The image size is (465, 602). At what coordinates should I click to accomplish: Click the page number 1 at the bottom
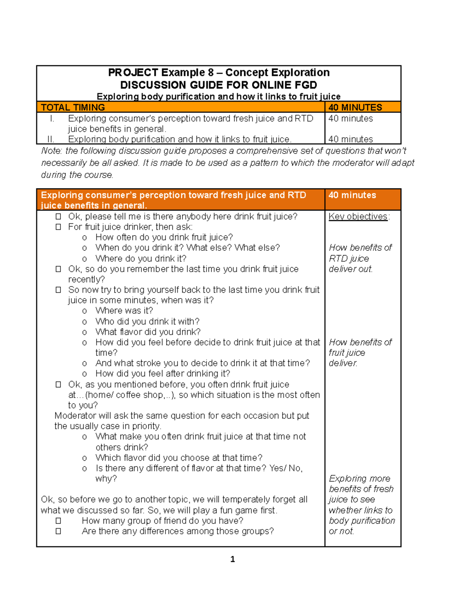click(x=232, y=559)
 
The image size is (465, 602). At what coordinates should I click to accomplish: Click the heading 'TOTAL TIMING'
click(x=73, y=107)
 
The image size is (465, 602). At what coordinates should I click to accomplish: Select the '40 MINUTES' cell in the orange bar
click(x=355, y=107)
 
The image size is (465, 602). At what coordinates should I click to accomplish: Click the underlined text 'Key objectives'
click(x=358, y=216)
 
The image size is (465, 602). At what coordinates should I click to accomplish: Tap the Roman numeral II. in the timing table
click(x=50, y=139)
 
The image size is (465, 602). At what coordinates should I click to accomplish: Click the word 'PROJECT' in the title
click(x=133, y=72)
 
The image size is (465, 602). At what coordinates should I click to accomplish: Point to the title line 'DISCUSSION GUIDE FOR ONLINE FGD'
click(x=219, y=85)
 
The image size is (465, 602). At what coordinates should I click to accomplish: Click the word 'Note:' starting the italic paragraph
click(x=51, y=151)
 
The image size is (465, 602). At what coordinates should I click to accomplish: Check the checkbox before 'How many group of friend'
click(x=58, y=521)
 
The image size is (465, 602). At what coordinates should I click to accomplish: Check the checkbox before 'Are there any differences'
click(x=58, y=531)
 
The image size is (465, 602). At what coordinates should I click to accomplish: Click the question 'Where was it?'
click(x=124, y=310)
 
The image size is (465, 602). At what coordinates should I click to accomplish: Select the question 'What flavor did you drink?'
click(x=148, y=332)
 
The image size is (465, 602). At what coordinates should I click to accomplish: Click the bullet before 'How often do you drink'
click(x=84, y=238)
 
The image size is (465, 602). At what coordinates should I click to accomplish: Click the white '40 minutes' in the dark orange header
click(x=352, y=195)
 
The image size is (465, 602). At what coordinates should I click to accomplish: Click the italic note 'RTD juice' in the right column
click(x=349, y=259)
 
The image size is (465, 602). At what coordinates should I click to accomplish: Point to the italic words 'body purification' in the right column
click(x=362, y=521)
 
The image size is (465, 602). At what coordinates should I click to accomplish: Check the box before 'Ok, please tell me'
click(x=58, y=216)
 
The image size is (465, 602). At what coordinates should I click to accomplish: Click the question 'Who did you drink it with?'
click(x=147, y=321)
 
